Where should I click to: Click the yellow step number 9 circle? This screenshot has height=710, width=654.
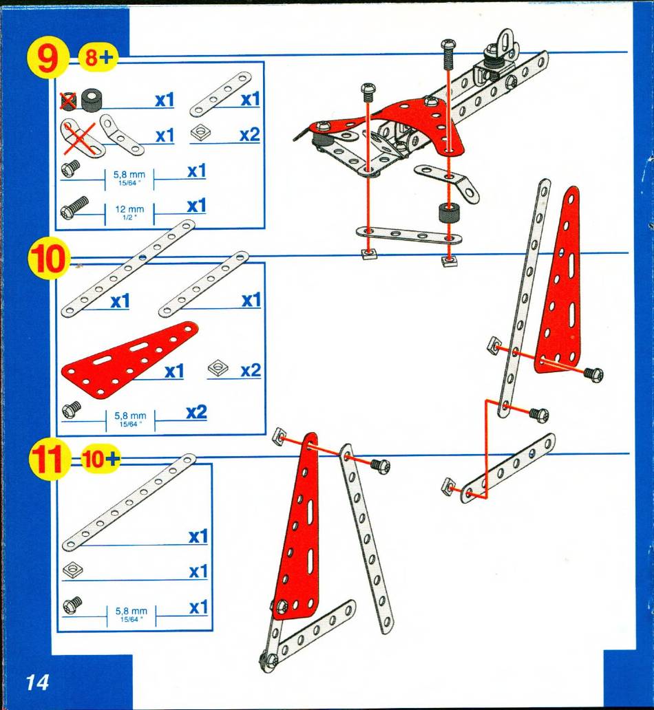(x=48, y=59)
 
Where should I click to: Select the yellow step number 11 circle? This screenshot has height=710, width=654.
(x=48, y=459)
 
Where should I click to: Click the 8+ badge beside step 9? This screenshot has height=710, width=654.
(x=98, y=58)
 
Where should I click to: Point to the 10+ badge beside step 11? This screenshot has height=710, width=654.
(x=100, y=459)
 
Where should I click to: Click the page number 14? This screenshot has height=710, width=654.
(x=37, y=682)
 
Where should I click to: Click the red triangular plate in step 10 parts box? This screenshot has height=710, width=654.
(x=130, y=360)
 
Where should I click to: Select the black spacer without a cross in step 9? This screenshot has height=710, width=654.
(x=92, y=99)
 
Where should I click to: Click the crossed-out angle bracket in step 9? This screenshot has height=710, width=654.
(x=79, y=138)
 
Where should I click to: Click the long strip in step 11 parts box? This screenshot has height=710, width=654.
(x=129, y=502)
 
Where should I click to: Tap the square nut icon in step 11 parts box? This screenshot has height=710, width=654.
(x=72, y=570)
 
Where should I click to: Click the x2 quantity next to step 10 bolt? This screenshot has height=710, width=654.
(x=196, y=412)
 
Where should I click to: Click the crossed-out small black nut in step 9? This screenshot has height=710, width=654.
(x=68, y=100)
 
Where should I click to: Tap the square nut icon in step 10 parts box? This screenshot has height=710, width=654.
(x=218, y=369)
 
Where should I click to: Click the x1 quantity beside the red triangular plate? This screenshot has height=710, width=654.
(x=174, y=372)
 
